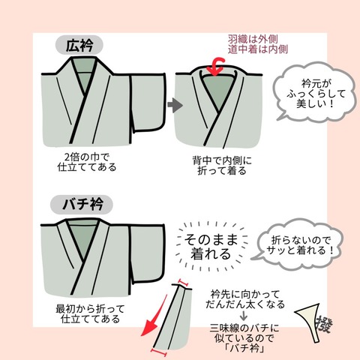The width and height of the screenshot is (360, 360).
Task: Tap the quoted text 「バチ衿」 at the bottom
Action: [x=256, y=349]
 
